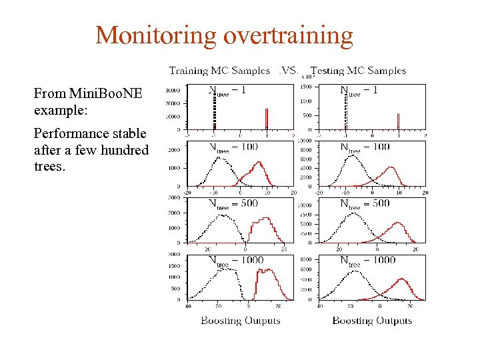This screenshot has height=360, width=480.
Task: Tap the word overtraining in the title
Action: [287, 35]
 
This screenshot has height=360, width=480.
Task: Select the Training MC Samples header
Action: [219, 70]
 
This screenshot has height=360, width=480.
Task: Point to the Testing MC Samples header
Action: [359, 70]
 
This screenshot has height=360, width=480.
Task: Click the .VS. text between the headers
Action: [289, 70]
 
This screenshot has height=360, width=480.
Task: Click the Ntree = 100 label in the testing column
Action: [365, 147]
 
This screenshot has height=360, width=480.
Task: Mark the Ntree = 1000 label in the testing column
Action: [367, 261]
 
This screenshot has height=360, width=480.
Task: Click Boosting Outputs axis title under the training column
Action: [241, 321]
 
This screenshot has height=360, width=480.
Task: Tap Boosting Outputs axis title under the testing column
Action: [372, 321]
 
